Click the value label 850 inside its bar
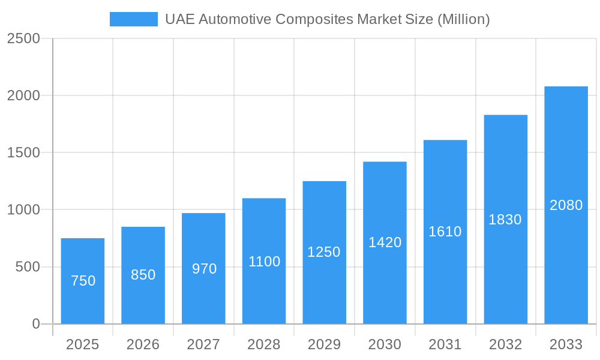click(x=143, y=275)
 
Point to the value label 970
click(x=204, y=269)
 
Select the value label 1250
click(x=324, y=252)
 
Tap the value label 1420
click(x=385, y=242)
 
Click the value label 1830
click(x=505, y=220)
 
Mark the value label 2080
click(x=566, y=205)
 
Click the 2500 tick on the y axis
click(x=23, y=39)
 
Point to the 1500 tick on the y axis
click(x=23, y=153)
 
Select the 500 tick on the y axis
click(x=28, y=267)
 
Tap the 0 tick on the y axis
click(x=35, y=324)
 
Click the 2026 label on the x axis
click(x=143, y=344)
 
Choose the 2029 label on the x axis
click(x=324, y=344)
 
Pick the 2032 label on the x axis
click(x=505, y=344)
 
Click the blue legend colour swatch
click(x=133, y=19)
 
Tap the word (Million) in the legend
click(x=463, y=19)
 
